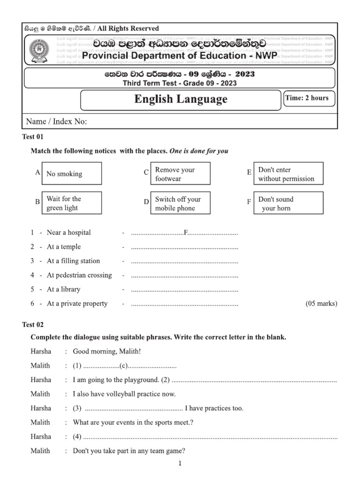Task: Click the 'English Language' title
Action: pyautogui.click(x=180, y=99)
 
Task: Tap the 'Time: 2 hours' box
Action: pyautogui.click(x=307, y=98)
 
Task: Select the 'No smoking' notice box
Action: pyautogui.click(x=72, y=174)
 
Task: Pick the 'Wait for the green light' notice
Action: pyautogui.click(x=72, y=203)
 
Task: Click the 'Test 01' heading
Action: pyautogui.click(x=33, y=136)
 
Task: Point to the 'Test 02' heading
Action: pyautogui.click(x=33, y=324)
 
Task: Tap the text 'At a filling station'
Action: pyautogui.click(x=73, y=261)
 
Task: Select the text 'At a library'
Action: pyautogui.click(x=63, y=289)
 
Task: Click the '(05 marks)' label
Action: pyautogui.click(x=321, y=304)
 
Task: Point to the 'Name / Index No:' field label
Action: pyautogui.click(x=56, y=121)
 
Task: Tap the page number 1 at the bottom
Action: pyautogui.click(x=180, y=464)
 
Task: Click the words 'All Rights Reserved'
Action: pyautogui.click(x=128, y=29)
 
